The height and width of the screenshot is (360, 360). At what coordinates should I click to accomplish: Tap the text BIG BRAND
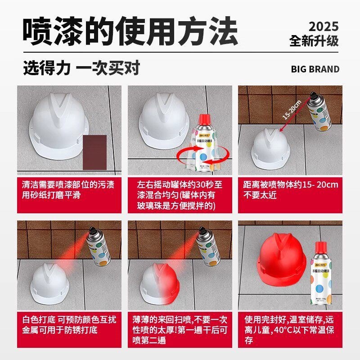click(x=315, y=69)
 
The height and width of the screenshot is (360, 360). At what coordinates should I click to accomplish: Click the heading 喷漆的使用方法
click(x=130, y=31)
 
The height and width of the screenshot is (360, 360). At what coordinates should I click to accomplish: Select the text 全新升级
click(x=314, y=41)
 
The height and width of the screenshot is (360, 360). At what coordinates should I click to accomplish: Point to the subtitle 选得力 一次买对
click(x=81, y=68)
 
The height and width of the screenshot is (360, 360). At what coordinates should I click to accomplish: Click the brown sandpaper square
click(x=95, y=150)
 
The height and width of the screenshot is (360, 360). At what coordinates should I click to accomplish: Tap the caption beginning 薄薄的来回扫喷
click(x=180, y=330)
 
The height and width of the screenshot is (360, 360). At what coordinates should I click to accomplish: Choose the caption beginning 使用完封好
click(x=290, y=330)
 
